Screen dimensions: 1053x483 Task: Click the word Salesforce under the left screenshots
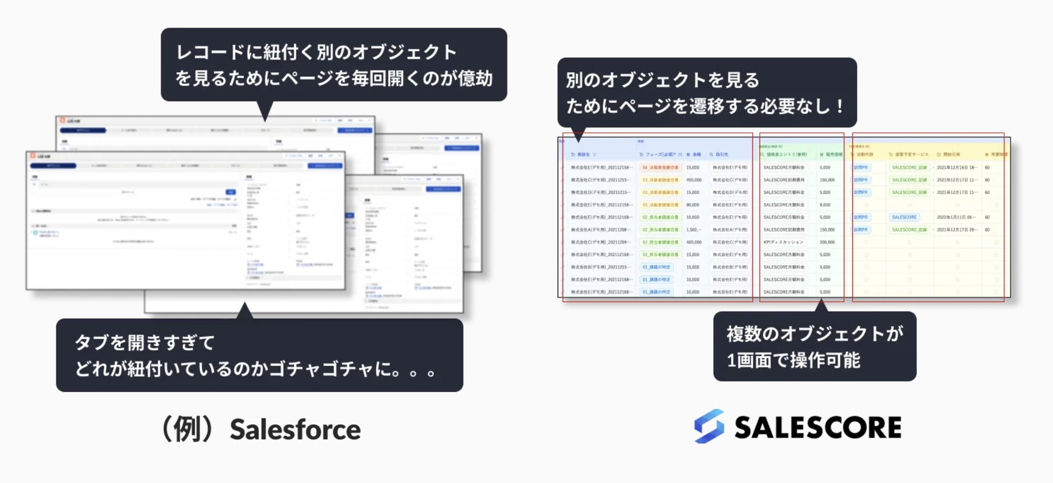click(295, 430)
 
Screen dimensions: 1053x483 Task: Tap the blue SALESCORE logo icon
click(709, 426)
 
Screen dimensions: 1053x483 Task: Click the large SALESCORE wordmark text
click(818, 427)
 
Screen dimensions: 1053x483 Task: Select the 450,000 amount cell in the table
click(693, 180)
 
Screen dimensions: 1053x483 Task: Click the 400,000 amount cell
click(693, 242)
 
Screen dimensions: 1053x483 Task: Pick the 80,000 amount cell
click(692, 205)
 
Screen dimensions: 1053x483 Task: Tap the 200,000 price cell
click(827, 242)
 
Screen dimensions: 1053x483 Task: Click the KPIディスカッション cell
click(784, 242)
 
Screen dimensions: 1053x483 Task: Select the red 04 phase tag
click(660, 168)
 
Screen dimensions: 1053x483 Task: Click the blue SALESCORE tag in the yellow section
click(904, 217)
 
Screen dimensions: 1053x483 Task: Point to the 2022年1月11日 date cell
click(956, 217)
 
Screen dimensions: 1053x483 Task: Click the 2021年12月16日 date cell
click(956, 168)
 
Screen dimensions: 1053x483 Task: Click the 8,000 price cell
click(825, 205)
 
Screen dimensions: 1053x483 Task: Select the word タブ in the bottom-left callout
click(92, 342)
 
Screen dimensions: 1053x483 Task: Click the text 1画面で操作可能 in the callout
click(793, 360)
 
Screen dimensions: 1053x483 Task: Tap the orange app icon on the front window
click(32, 155)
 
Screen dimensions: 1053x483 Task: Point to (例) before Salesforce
click(189, 430)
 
